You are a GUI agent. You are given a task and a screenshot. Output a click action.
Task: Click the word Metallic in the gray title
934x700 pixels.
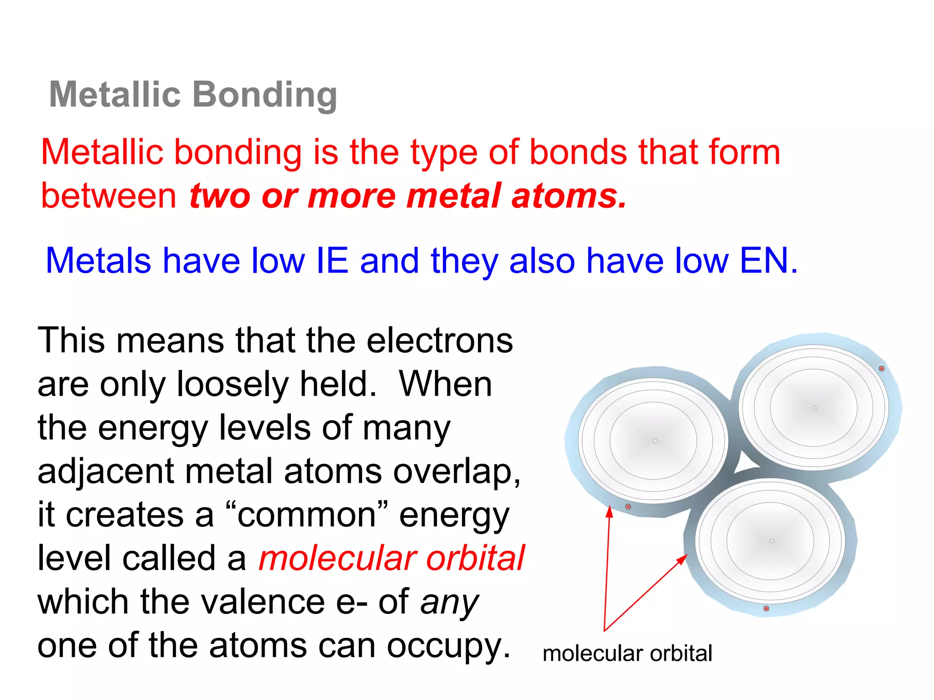pyautogui.click(x=115, y=94)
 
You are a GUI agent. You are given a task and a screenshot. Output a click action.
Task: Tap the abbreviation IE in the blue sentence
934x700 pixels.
pyautogui.click(x=332, y=261)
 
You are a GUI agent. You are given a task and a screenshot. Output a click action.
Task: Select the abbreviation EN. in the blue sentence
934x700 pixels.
pyautogui.click(x=769, y=261)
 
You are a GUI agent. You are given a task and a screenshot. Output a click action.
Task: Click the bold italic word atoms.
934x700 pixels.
pyautogui.click(x=569, y=196)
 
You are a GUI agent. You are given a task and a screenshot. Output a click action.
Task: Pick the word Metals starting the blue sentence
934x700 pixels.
pyautogui.click(x=98, y=261)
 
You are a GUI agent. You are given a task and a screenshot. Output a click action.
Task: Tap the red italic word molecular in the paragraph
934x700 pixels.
pyautogui.click(x=337, y=558)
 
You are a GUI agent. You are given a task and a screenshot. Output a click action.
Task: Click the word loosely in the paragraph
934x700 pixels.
pyautogui.click(x=233, y=384)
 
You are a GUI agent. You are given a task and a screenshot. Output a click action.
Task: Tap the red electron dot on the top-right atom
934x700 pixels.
pyautogui.click(x=882, y=368)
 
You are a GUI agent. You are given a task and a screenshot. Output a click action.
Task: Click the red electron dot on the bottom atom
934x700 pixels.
pyautogui.click(x=766, y=608)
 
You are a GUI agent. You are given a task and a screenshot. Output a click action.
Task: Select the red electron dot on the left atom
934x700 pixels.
pyautogui.click(x=628, y=507)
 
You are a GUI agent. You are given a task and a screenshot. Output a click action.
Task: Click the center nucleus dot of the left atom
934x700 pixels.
pyautogui.click(x=655, y=441)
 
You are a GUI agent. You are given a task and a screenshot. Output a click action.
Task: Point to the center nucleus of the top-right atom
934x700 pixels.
pyautogui.click(x=816, y=408)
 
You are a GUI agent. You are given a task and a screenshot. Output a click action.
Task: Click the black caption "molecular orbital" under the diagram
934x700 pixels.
pyautogui.click(x=627, y=654)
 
